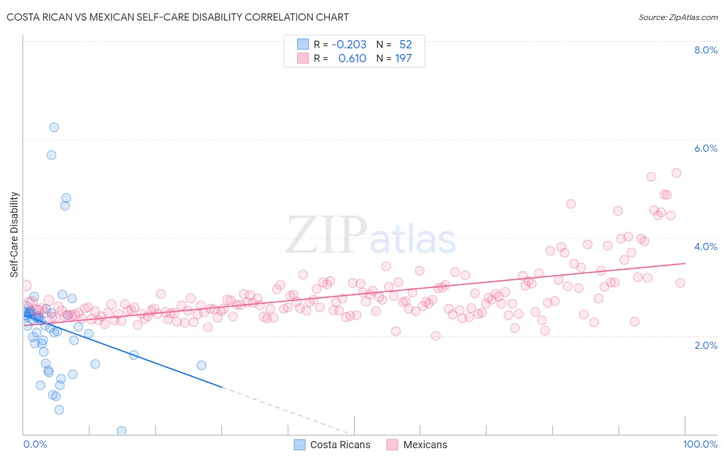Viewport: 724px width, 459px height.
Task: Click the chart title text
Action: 178,17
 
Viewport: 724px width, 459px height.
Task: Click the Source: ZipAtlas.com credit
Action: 678,17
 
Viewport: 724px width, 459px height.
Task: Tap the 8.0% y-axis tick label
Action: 705,50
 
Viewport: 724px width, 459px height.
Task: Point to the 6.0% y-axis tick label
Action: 705,148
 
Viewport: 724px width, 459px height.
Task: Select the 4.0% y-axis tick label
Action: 705,246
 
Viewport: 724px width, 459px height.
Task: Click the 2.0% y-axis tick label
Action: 705,345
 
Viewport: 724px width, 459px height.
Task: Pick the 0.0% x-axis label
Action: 35,445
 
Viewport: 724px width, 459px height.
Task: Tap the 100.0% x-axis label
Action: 700,445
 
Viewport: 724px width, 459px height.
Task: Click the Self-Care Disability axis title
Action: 14,235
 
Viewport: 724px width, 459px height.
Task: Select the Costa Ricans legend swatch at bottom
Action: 300,445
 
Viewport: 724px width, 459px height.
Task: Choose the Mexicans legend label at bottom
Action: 425,445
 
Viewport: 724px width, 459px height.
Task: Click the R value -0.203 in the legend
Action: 349,44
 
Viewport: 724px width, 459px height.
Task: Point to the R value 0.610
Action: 352,58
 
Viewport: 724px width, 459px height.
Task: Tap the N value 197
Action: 403,58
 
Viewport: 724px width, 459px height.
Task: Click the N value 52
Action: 405,44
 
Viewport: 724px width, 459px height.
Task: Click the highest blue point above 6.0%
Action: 54,127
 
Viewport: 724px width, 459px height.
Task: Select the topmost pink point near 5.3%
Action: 677,173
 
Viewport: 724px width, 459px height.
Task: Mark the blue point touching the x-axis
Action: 122,431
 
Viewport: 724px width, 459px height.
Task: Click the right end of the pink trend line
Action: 685,263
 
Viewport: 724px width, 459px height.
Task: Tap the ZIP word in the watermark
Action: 326,236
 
